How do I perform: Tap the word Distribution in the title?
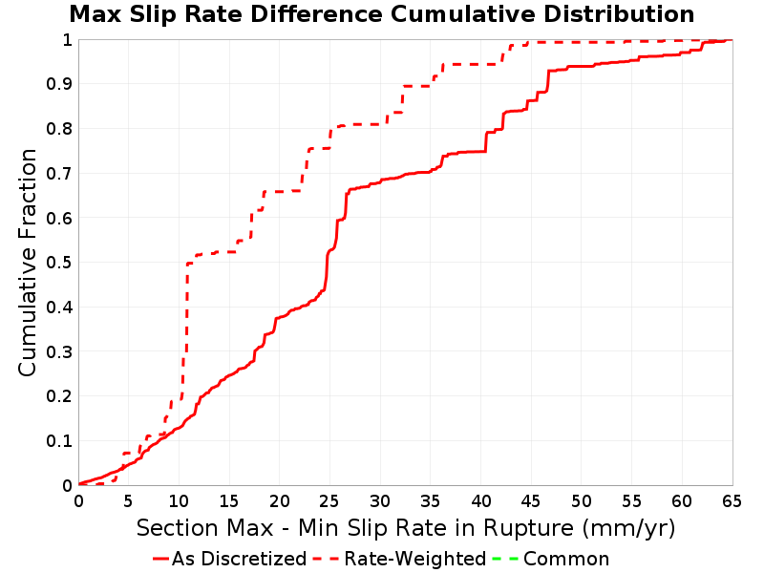619,14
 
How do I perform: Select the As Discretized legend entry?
229,559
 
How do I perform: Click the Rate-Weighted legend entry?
399,559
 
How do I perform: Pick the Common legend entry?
551,559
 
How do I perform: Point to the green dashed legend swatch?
505,559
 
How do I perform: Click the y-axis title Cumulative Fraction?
28,263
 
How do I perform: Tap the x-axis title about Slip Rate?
406,528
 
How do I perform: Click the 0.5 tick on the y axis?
59,263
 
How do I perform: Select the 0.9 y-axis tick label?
59,84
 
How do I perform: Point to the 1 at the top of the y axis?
67,40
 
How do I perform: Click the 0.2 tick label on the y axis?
59,396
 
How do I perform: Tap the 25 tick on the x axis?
329,500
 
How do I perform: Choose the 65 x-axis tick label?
732,500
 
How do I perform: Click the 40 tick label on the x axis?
480,500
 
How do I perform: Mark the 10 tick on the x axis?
179,500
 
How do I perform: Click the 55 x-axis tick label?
631,500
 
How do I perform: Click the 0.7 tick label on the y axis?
59,174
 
